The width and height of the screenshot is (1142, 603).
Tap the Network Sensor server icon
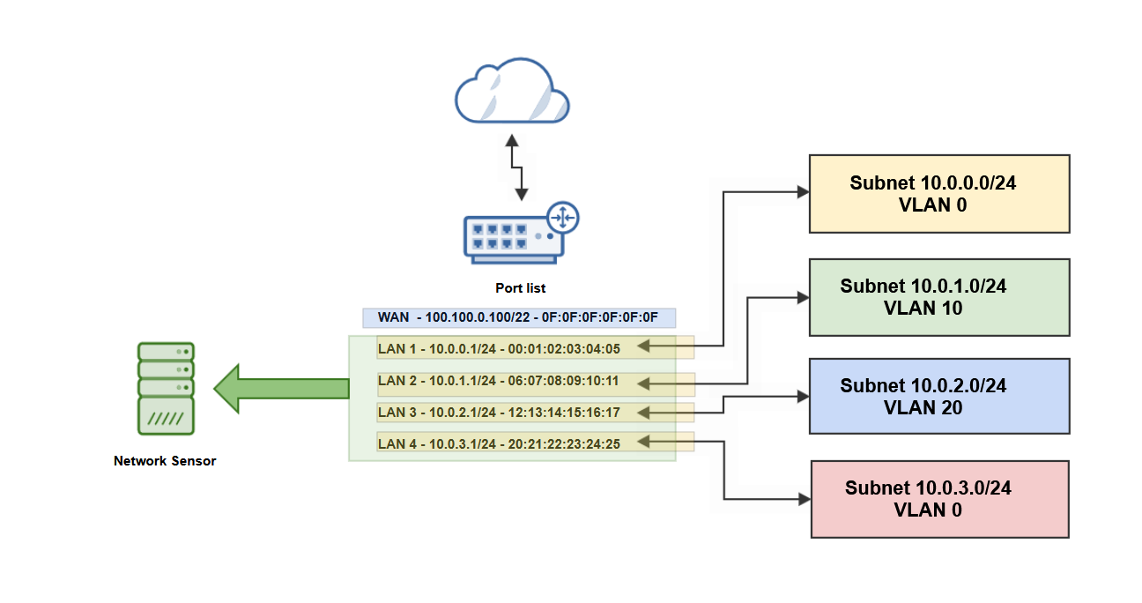point(167,389)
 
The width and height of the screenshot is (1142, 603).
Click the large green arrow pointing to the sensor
point(281,388)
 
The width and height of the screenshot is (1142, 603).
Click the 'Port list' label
point(520,288)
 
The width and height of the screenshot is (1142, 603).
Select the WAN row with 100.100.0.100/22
point(518,317)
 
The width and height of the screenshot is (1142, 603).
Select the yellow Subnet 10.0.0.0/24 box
point(939,194)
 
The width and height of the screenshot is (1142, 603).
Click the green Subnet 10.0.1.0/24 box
point(939,297)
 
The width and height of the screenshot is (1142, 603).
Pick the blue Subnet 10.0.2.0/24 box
point(939,396)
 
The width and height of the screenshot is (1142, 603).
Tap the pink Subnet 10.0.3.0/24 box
point(939,499)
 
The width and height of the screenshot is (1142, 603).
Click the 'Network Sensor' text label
point(165,461)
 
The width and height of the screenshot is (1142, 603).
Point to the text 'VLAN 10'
point(923,309)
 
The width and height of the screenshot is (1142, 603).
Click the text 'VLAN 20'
point(923,408)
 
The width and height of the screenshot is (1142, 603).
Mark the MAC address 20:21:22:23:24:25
point(564,443)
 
